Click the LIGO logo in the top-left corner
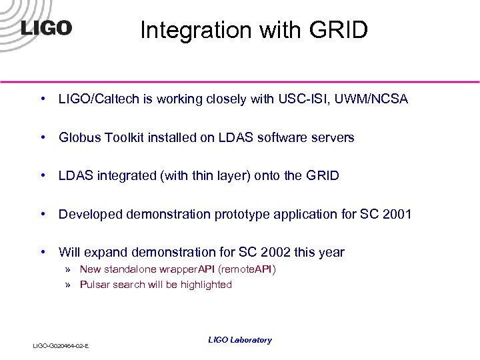46,28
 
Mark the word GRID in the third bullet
322,176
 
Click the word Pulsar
95,285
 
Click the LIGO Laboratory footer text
240,340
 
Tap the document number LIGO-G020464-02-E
61,345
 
